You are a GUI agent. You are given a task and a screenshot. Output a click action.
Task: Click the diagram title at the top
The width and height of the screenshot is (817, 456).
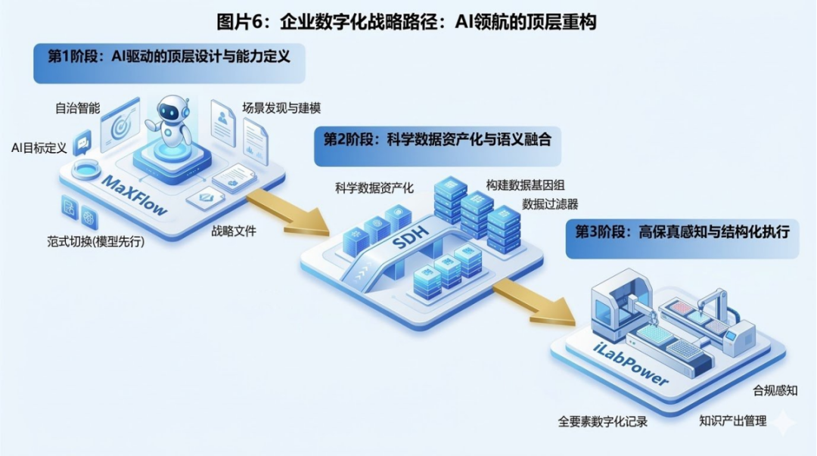[x=406, y=22]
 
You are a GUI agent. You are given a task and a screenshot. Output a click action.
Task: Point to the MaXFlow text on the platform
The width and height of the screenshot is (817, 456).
[x=135, y=195]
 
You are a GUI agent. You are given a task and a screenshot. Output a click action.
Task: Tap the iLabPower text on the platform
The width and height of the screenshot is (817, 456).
[x=628, y=365]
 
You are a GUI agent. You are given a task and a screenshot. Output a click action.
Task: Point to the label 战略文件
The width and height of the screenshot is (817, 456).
[x=234, y=231]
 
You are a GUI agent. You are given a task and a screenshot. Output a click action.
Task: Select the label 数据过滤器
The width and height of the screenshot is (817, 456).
[x=550, y=204]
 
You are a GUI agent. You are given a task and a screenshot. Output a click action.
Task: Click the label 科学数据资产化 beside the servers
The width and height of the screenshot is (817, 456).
[x=374, y=188]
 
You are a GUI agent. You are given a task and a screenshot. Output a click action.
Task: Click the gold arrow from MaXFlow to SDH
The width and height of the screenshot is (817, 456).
[x=287, y=211]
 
